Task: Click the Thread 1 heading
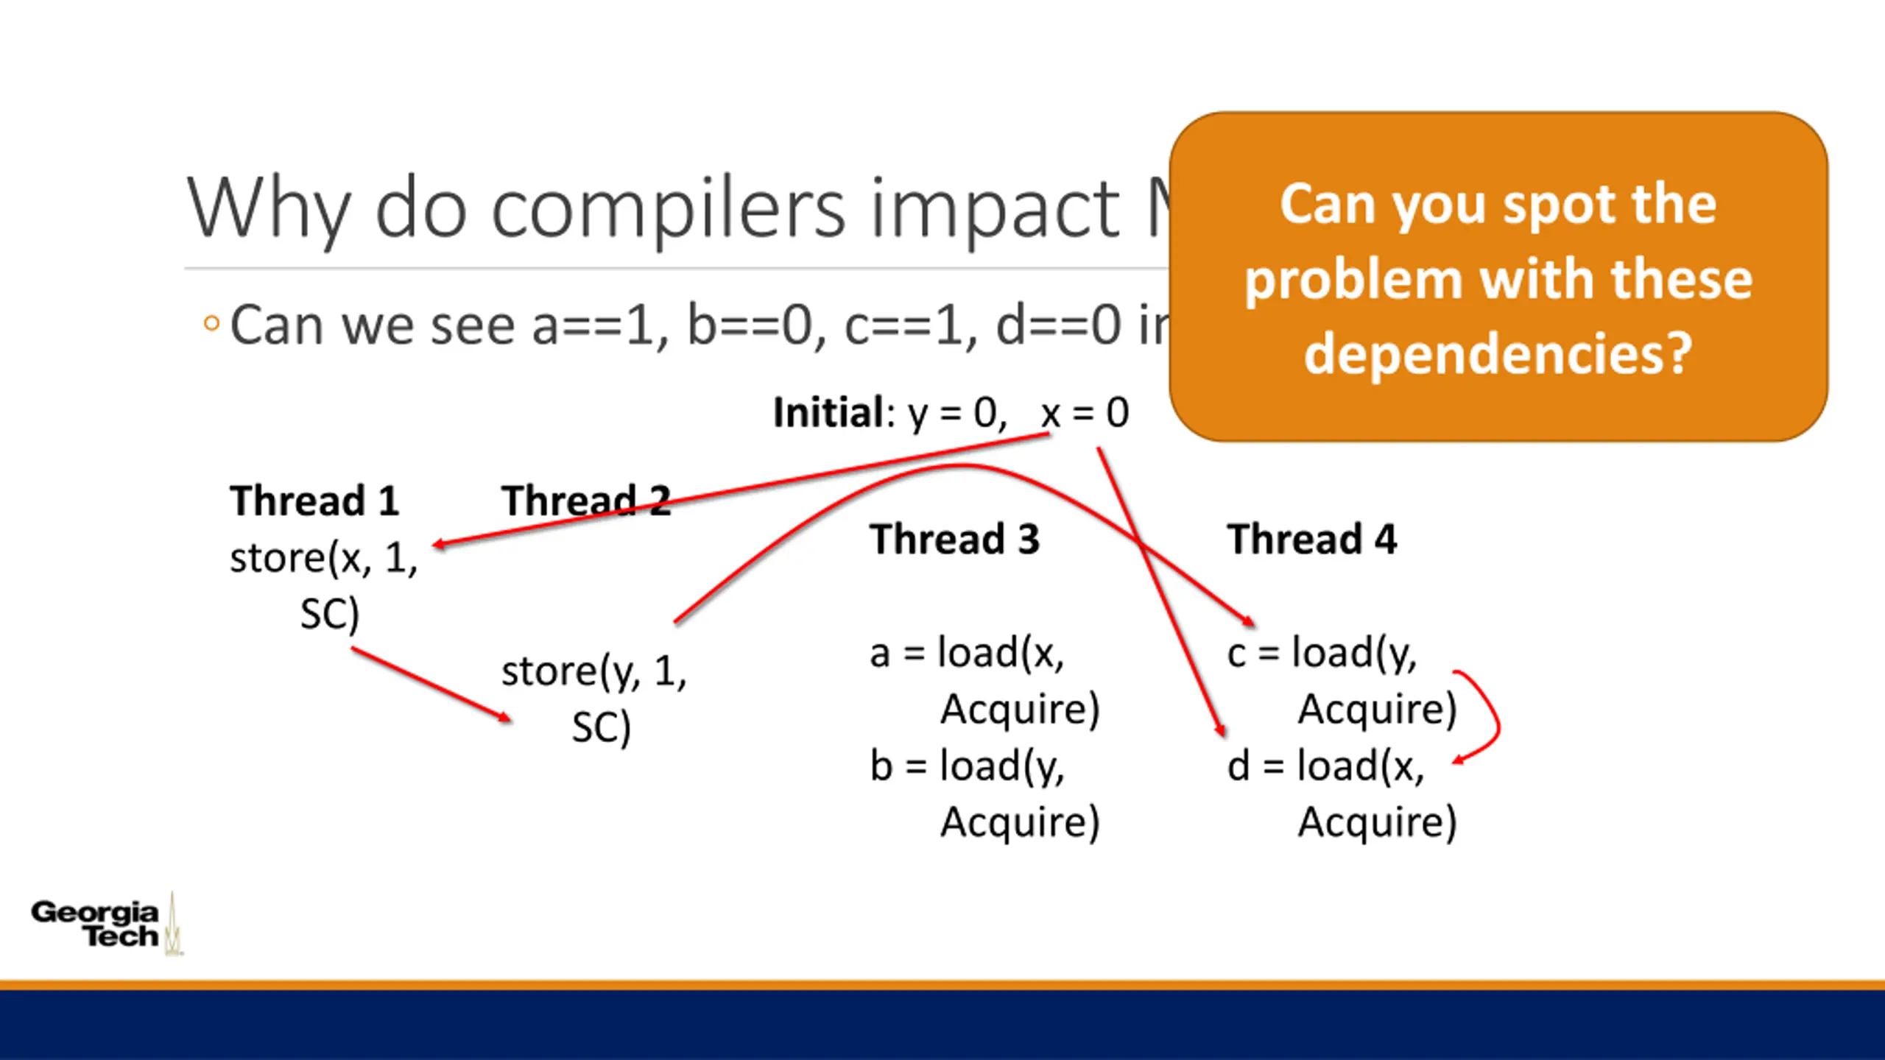coord(314,501)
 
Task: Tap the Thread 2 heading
coord(586,501)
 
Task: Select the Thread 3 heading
coord(954,539)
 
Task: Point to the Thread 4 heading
coord(1311,539)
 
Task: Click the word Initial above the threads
coord(829,412)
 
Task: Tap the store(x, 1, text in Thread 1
coord(323,558)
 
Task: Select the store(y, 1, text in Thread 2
coord(593,671)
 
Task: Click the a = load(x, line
coord(967,653)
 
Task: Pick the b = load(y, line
coord(967,766)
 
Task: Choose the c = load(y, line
coord(1322,653)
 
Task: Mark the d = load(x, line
coord(1325,766)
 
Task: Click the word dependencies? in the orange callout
coord(1498,354)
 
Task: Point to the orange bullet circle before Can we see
coord(211,323)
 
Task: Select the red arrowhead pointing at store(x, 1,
coord(440,545)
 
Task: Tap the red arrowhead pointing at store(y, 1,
coord(504,717)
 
